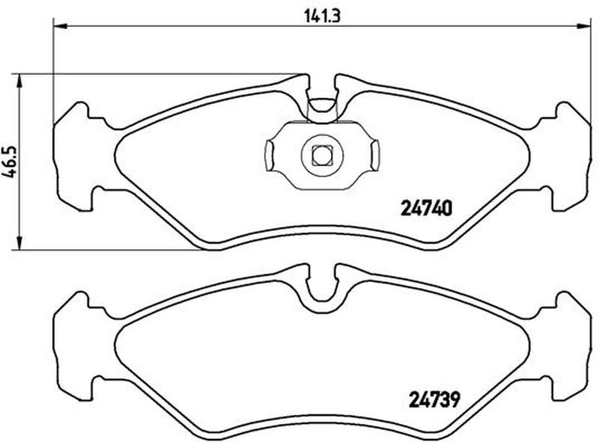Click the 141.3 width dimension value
coord(322,16)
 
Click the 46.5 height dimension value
coord(11,162)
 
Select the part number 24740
coord(426,209)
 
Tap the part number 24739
coord(434,399)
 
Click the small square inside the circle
coord(322,155)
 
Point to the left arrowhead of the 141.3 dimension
coord(60,26)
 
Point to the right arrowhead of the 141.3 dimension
coord(584,26)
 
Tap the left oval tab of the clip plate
coord(269,155)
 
